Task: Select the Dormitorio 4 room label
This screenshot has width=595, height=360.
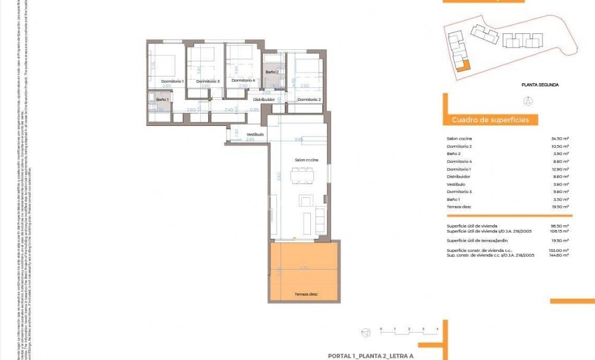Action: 243,80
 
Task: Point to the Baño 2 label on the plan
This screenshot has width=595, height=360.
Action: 272,72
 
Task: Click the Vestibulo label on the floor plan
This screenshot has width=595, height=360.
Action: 255,134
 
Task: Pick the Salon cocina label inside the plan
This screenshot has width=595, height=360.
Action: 306,160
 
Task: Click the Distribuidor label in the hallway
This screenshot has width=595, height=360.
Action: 264,99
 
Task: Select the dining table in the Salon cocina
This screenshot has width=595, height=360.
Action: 302,176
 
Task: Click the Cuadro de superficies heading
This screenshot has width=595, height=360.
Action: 490,120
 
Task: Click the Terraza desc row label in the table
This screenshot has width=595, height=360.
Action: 458,207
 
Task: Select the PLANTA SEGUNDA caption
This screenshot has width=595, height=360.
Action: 540,85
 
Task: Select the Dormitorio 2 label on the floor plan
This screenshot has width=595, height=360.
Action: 309,99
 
